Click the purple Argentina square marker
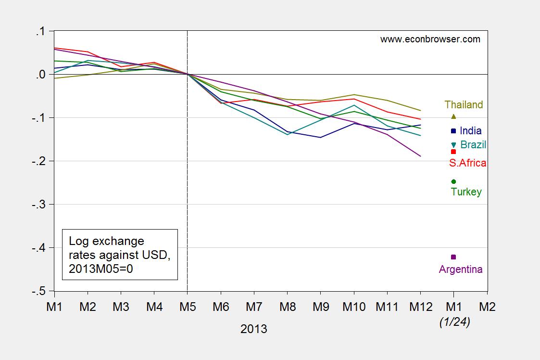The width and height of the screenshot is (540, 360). point(453,257)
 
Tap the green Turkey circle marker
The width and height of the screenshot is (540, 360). point(453,181)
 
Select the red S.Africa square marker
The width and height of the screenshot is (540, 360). point(453,152)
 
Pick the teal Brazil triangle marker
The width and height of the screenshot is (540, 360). point(453,145)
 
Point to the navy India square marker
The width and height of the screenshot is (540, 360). point(453,130)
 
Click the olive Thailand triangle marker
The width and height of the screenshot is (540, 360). point(453,116)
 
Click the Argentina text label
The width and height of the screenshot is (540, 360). point(460,270)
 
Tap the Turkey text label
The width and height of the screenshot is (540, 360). point(466,192)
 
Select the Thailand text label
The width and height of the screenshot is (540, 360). point(464,105)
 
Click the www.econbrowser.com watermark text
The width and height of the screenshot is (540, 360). point(430,39)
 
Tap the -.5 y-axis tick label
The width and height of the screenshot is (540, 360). point(39,291)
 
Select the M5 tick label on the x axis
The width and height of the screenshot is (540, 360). point(187,307)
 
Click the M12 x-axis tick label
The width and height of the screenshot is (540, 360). point(420,307)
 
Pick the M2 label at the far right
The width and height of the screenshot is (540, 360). point(487,307)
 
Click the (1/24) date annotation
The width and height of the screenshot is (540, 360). point(454,323)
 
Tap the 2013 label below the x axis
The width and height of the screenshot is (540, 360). point(253,330)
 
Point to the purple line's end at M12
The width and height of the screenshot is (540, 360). point(420,156)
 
